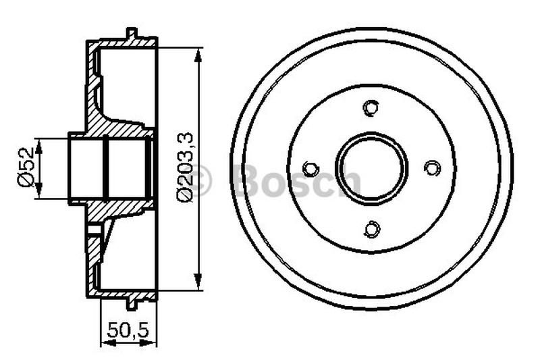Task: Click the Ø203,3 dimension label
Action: click(185, 166)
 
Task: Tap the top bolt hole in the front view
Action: click(371, 107)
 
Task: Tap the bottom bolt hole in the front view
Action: click(371, 229)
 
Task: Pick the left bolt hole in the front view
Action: click(310, 168)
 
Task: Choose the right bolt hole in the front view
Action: click(431, 168)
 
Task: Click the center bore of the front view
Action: click(371, 168)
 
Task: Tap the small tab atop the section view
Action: click(132, 33)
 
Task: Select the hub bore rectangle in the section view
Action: click(108, 168)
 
